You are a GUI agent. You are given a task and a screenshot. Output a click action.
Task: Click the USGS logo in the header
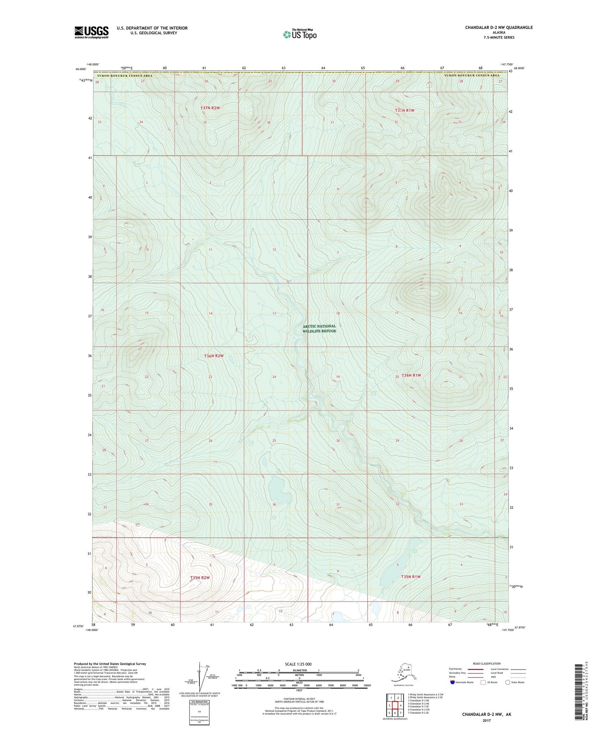pos(91,32)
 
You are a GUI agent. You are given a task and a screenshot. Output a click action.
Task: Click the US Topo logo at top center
pos(300,35)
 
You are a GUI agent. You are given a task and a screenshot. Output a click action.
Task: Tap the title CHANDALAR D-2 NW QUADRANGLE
pos(493,27)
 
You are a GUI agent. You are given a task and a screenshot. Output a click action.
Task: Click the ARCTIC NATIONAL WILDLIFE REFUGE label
pos(319,329)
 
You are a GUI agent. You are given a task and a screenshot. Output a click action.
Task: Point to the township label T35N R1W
pos(411,577)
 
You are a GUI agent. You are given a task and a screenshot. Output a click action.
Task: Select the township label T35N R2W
pos(200,578)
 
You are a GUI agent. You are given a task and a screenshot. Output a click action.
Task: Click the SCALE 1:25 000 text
pos(298,664)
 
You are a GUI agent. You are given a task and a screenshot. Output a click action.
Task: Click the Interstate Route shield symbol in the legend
pos(453,682)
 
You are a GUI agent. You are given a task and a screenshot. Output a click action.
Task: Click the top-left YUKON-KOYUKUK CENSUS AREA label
pos(124,75)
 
